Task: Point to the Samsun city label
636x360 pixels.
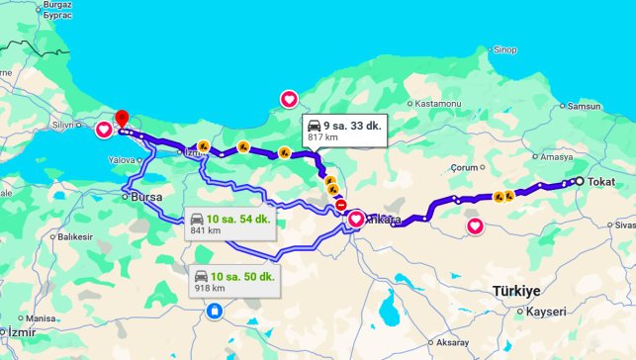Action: (x=585, y=106)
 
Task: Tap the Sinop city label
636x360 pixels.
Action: (x=505, y=49)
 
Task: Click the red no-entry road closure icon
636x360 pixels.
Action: (x=340, y=207)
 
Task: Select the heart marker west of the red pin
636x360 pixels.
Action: (x=104, y=129)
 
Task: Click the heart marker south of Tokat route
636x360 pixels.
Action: (x=475, y=226)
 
